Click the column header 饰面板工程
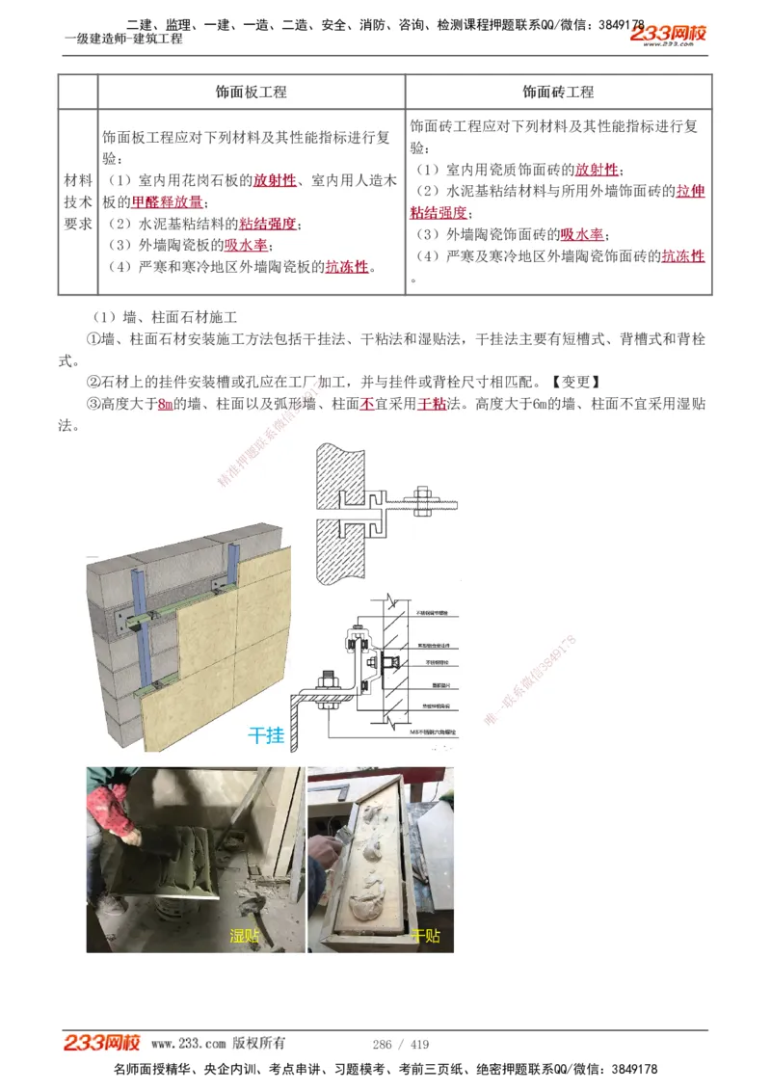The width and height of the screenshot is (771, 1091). point(251,93)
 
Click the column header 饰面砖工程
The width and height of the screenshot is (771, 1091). point(558,93)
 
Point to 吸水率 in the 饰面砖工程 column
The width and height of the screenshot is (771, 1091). point(582,234)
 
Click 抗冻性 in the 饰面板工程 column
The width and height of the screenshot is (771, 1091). point(347,267)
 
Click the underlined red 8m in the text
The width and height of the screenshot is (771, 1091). point(165,404)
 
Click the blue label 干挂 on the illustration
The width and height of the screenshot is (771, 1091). point(267,734)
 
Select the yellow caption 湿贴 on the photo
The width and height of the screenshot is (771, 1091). point(245,935)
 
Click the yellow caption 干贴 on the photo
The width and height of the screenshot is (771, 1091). point(425,935)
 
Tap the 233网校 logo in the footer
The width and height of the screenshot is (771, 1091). point(102,1043)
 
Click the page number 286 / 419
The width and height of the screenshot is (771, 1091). point(400,1044)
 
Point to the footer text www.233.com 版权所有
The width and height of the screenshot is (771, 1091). point(218,1044)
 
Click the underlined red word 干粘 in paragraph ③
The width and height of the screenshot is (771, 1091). point(431,404)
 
